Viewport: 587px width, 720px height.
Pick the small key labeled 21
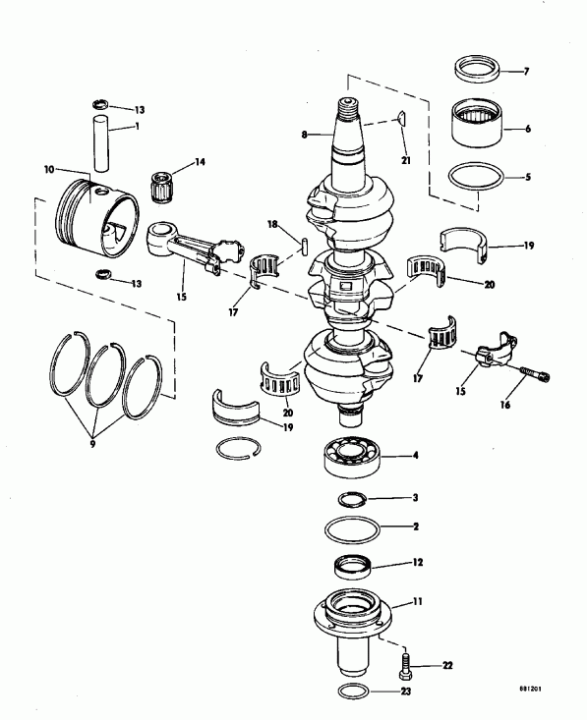[400, 122]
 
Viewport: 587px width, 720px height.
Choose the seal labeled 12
[354, 567]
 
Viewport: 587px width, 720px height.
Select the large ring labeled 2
[355, 529]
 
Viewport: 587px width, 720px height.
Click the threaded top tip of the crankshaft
[349, 104]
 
